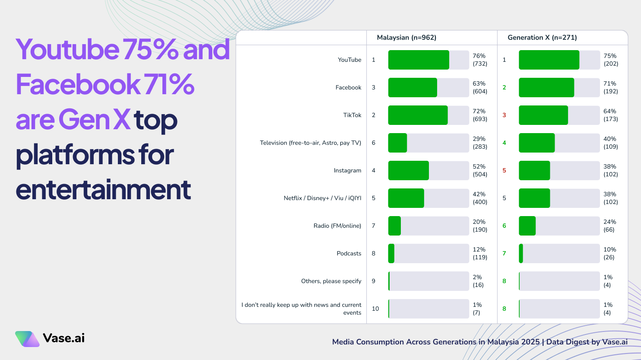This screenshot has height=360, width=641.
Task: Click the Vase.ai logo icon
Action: (27, 339)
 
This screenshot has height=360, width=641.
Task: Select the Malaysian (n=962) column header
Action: (406, 38)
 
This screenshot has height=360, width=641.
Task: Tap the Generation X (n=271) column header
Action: (542, 38)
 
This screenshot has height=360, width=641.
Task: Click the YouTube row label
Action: (349, 60)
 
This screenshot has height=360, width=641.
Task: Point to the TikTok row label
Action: (352, 115)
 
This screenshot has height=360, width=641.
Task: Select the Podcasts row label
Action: (349, 254)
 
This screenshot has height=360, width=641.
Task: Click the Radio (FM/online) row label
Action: (337, 226)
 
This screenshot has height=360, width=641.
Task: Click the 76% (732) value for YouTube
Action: (480, 60)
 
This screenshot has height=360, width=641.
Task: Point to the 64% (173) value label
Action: (610, 115)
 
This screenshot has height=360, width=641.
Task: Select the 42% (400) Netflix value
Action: (480, 198)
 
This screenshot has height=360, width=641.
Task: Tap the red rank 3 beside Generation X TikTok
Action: (504, 115)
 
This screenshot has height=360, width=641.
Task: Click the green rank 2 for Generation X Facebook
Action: (504, 88)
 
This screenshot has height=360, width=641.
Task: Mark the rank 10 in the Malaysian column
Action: (375, 309)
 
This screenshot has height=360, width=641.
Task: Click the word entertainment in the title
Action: (103, 190)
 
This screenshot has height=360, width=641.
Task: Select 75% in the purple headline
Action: (150, 49)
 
